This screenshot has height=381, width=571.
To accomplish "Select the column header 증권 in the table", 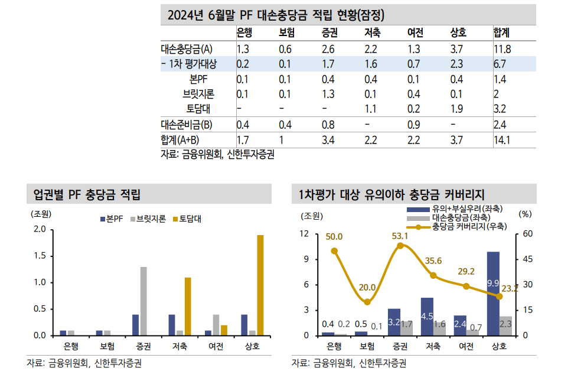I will point(329,32).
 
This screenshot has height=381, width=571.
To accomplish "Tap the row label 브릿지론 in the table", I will point(198,94).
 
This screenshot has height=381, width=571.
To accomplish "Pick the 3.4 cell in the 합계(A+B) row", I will point(328,140).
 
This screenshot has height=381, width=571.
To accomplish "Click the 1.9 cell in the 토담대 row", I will point(456,109).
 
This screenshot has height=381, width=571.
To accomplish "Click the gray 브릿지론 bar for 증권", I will point(143,301).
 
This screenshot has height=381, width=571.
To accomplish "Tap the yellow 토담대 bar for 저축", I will point(188,306).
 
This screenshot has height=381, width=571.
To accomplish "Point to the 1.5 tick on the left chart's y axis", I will point(40,256).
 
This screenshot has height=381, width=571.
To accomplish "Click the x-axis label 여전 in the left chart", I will point(216,346).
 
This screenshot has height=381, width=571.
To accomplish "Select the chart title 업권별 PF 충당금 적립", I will point(87,194).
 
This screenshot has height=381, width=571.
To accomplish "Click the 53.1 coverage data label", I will point(400,236).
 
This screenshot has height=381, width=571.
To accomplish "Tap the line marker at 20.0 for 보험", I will point(367,302).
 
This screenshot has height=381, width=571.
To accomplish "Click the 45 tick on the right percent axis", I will point(527,259).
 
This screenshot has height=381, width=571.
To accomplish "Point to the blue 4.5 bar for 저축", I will point(426,317).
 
